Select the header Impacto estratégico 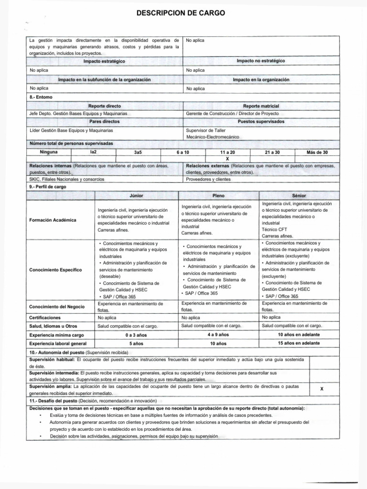click(104, 62)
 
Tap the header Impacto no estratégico click(260, 62)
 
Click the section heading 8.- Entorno click(41, 97)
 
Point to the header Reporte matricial click(261, 106)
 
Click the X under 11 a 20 click(227, 158)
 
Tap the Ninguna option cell click(49, 152)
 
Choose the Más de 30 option click(317, 152)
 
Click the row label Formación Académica click(53, 220)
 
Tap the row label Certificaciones click(45, 317)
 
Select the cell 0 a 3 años click(136, 335)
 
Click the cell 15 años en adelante click(299, 343)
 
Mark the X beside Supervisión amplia click(322, 389)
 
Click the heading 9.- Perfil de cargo click(48, 187)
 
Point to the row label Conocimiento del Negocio click(57, 306)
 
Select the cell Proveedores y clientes click(208, 179)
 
